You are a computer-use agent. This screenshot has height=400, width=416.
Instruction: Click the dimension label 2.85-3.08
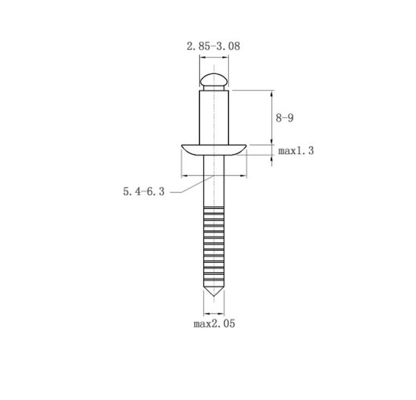[214, 46]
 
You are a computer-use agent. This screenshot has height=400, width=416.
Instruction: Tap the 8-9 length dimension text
[285, 118]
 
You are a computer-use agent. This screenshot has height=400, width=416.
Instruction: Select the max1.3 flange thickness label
[296, 151]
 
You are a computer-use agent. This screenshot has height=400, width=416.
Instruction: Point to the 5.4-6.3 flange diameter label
[144, 191]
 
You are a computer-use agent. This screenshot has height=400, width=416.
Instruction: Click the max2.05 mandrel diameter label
[214, 324]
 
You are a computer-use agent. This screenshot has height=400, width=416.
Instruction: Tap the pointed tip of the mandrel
[214, 296]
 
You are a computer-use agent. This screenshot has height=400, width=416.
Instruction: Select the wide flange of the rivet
[214, 150]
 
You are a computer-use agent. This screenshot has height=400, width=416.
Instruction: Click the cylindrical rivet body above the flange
[214, 118]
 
